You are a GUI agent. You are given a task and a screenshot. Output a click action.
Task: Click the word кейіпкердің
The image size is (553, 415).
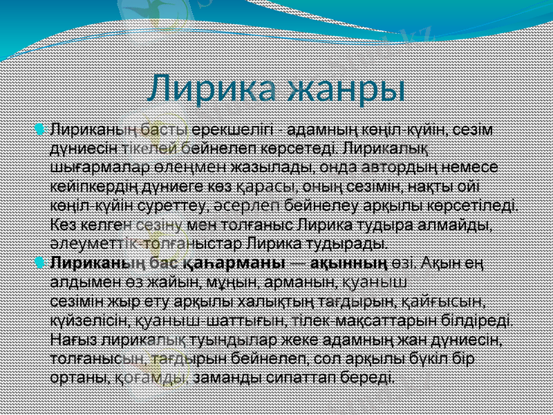pos(97,185)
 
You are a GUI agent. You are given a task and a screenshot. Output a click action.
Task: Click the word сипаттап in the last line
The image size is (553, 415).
pos(297,378)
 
